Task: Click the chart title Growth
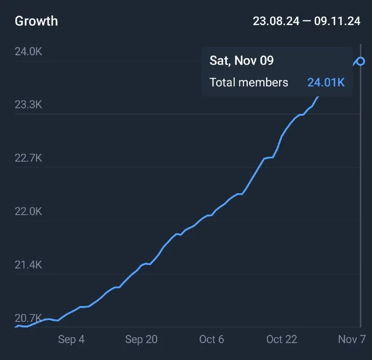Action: pyautogui.click(x=36, y=21)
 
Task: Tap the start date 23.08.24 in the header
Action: pyautogui.click(x=276, y=21)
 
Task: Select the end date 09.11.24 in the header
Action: pyautogui.click(x=337, y=21)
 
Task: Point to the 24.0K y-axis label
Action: pyautogui.click(x=28, y=51)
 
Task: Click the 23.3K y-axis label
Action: pyautogui.click(x=28, y=105)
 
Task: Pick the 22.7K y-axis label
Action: pyautogui.click(x=28, y=158)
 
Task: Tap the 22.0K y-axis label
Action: pyautogui.click(x=28, y=211)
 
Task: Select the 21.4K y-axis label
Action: pyautogui.click(x=28, y=265)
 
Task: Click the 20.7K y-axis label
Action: pyautogui.click(x=28, y=318)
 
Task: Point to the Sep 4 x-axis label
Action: pyautogui.click(x=71, y=340)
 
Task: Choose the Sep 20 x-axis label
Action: pyautogui.click(x=141, y=340)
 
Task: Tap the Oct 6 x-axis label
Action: pyautogui.click(x=212, y=340)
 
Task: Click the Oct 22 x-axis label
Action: pyautogui.click(x=281, y=340)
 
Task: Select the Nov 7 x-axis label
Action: pyautogui.click(x=351, y=340)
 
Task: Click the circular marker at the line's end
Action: pyautogui.click(x=360, y=61)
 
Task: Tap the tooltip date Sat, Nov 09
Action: pyautogui.click(x=241, y=60)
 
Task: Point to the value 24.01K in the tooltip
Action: pyautogui.click(x=326, y=83)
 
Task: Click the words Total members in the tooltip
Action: pyautogui.click(x=249, y=83)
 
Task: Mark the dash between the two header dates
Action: pyautogui.click(x=306, y=21)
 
